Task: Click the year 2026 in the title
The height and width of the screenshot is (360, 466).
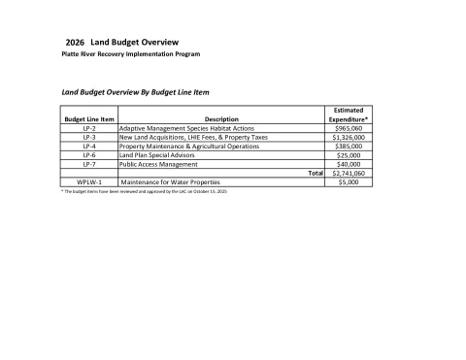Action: (74, 45)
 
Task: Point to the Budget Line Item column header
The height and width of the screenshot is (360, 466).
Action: (88, 119)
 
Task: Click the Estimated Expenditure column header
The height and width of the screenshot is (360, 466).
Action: (348, 115)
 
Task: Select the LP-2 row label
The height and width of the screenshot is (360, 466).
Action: (88, 128)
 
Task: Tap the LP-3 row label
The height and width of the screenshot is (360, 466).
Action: (88, 138)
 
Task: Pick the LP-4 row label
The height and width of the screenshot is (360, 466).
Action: (88, 147)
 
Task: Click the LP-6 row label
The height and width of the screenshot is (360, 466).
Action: (88, 155)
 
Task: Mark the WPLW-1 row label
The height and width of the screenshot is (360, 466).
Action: (88, 182)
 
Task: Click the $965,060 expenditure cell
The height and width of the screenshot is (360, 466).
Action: (348, 128)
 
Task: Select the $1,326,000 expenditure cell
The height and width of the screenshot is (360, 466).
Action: (348, 138)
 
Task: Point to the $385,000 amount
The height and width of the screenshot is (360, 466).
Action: (348, 147)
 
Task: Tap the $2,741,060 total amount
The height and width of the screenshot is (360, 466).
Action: (348, 174)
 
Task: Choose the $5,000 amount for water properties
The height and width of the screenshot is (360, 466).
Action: (348, 182)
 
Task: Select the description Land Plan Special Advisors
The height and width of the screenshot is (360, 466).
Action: (158, 155)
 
